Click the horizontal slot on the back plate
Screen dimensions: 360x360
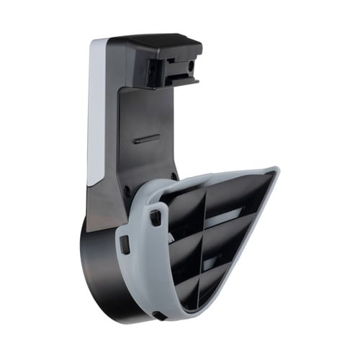tap(147, 137)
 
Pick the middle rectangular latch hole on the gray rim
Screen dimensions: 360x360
tap(125, 244)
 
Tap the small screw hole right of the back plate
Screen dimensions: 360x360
tap(174, 176)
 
